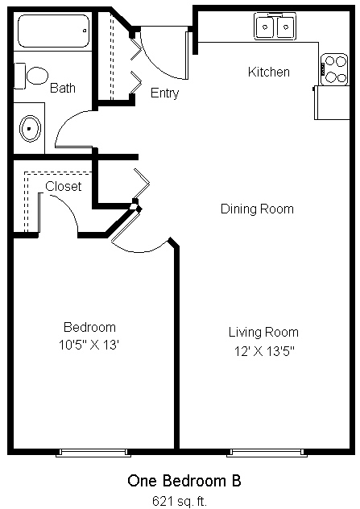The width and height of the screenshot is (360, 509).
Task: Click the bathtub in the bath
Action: [x=54, y=31]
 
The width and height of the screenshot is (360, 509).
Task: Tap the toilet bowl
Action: [x=37, y=76]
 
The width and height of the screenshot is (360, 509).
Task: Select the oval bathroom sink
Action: [x=30, y=129]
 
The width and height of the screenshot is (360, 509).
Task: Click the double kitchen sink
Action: [x=275, y=27]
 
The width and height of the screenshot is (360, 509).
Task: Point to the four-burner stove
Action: [x=333, y=69]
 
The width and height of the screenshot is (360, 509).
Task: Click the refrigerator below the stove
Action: [x=331, y=102]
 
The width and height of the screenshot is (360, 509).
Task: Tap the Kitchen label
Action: [x=268, y=72]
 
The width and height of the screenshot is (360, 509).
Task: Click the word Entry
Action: [x=164, y=93]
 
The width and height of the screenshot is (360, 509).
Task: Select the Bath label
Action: [x=63, y=88]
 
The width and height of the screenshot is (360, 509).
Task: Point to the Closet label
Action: [x=64, y=186]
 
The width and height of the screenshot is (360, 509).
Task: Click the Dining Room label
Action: [x=257, y=209]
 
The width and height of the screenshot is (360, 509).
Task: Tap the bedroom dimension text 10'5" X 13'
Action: [x=89, y=345]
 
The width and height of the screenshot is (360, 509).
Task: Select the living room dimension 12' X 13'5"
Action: [x=264, y=351]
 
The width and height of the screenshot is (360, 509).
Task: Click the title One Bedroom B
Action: [x=184, y=481]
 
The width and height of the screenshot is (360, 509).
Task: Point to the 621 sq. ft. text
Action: [x=179, y=501]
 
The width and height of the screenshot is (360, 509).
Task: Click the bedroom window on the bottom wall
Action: [x=93, y=453]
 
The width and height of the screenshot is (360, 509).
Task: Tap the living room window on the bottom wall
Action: [x=267, y=453]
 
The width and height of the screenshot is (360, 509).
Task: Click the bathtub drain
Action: [x=85, y=31]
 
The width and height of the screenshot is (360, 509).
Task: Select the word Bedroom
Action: [x=89, y=327]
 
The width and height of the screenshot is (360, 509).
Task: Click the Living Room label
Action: [x=263, y=333]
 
